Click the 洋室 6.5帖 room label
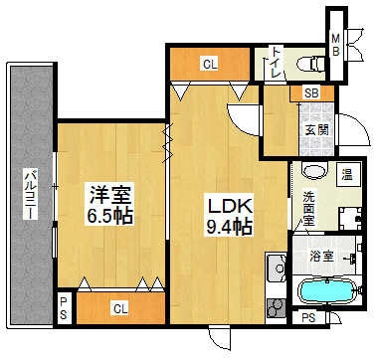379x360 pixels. [109, 204]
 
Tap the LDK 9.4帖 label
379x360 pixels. [229, 215]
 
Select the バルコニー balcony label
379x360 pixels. [30, 194]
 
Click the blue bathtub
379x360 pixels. [326, 291]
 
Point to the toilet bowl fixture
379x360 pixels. [311, 64]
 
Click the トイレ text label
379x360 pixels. [276, 63]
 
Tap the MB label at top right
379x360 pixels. [336, 46]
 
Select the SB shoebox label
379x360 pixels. [311, 93]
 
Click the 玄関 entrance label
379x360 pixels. [316, 130]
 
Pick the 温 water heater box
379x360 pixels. [347, 175]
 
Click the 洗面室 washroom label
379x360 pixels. [309, 209]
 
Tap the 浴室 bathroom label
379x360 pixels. [321, 257]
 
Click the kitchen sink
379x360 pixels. [277, 268]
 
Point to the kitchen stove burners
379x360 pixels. [276, 308]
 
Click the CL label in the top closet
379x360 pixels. [210, 65]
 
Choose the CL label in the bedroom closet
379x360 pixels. [120, 309]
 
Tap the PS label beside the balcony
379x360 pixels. [63, 308]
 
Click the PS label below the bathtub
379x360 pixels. [308, 318]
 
